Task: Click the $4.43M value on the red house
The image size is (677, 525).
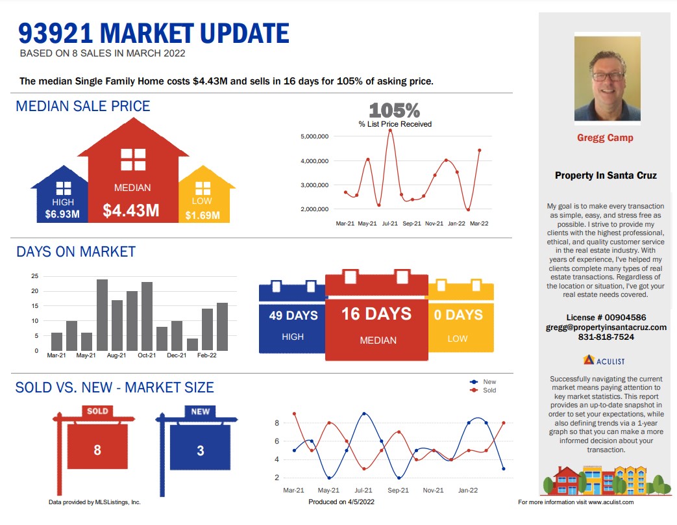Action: coord(131,211)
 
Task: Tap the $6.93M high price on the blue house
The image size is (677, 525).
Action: coord(62,214)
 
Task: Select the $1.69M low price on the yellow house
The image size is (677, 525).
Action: coord(203,215)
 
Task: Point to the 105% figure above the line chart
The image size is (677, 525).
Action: coord(394,110)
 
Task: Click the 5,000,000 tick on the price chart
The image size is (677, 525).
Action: coord(314,136)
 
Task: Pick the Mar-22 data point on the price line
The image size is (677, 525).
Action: coord(479,150)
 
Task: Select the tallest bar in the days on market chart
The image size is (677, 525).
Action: coord(103,315)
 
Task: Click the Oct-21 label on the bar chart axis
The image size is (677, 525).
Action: coord(147,355)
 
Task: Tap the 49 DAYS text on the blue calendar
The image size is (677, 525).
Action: coord(293,315)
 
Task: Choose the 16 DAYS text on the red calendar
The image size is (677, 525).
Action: coord(376,314)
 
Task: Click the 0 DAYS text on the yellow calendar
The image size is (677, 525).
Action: coord(458,315)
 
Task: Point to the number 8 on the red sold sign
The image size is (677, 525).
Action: coord(97,450)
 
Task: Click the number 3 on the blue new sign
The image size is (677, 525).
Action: coord(201,451)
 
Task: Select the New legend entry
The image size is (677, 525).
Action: coord(483,381)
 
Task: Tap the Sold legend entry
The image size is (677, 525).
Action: coord(483,391)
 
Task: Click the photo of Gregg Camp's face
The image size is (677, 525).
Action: coord(607,78)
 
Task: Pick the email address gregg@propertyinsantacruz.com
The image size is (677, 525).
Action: coord(606,327)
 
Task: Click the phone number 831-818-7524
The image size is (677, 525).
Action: coord(606,337)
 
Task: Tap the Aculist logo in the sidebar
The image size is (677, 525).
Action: coord(604,361)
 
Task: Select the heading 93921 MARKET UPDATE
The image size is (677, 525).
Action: coord(154,33)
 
